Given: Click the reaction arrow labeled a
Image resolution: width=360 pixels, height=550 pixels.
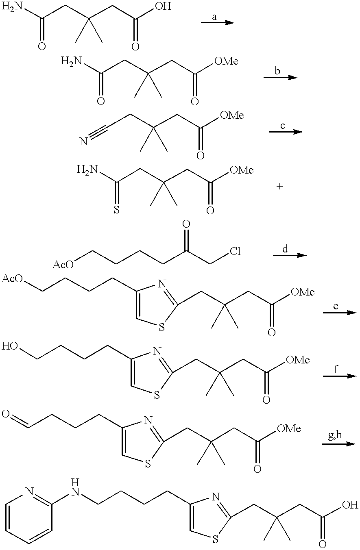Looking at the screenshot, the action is pyautogui.click(x=218, y=23).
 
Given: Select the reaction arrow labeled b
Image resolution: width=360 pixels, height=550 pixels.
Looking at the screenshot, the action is pyautogui.click(x=280, y=78).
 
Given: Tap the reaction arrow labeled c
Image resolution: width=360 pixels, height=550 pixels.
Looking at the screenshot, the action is pyautogui.click(x=286, y=132).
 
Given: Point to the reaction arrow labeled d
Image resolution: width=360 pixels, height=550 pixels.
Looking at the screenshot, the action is pyautogui.click(x=290, y=255).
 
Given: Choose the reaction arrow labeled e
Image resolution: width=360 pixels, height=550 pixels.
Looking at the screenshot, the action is pyautogui.click(x=340, y=313).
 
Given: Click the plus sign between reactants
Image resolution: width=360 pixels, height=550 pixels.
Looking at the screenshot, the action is pyautogui.click(x=279, y=187).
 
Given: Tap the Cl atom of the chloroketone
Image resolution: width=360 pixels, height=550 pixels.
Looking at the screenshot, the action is pyautogui.click(x=235, y=251).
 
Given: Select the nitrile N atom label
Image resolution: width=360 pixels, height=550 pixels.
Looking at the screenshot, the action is pyautogui.click(x=83, y=142).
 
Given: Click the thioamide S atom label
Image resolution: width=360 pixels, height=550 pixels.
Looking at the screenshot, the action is pyautogui.click(x=117, y=210).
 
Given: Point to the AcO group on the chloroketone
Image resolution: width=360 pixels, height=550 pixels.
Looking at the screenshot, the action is pyautogui.click(x=63, y=265).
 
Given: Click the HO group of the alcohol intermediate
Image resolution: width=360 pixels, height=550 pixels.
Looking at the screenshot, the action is pyautogui.click(x=10, y=346).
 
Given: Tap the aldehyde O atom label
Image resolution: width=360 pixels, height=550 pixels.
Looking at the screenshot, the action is pyautogui.click(x=5, y=414).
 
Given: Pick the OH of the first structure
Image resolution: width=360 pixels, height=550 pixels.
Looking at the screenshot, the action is pyautogui.click(x=164, y=6).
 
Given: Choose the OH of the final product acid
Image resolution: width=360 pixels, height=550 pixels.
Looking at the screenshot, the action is pyautogui.click(x=350, y=505).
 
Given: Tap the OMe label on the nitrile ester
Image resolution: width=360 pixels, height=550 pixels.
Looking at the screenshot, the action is pyautogui.click(x=232, y=115).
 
